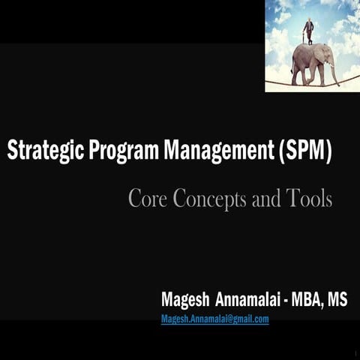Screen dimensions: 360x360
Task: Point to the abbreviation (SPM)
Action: (x=304, y=151)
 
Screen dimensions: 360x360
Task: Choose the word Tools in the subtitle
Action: (x=310, y=199)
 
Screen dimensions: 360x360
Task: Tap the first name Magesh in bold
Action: (x=185, y=299)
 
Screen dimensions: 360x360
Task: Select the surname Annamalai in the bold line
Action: (x=247, y=299)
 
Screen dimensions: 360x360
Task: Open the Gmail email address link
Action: (x=215, y=319)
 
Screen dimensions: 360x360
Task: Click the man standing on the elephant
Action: (x=308, y=31)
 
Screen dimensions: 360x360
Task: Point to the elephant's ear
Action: (x=321, y=55)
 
